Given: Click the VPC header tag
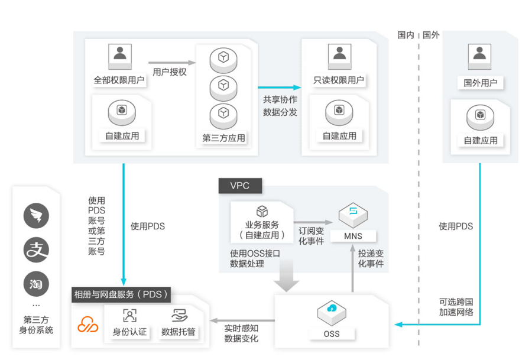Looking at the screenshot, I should (x=240, y=186).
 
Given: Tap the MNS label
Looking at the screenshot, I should (x=357, y=236).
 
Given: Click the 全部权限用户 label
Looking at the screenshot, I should (x=119, y=80).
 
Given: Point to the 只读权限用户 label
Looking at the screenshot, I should (x=339, y=80).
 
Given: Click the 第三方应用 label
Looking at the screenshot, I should (x=224, y=139).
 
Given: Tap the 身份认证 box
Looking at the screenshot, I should (x=129, y=332).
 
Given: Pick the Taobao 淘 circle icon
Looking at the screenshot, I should (x=36, y=284).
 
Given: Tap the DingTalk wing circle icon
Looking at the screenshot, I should (x=36, y=216).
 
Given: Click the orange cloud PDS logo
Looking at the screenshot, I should (x=88, y=325).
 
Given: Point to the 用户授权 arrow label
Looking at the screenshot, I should (x=170, y=72).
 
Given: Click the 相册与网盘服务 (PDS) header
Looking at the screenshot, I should (x=121, y=294).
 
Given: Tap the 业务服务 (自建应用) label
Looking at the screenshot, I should (x=262, y=229).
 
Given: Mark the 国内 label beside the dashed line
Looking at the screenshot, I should (x=406, y=35).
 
